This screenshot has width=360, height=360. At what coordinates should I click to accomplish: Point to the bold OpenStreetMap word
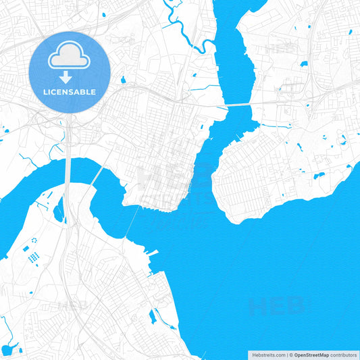(x=311, y=355)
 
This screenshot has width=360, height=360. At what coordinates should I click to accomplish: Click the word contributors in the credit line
(x=343, y=355)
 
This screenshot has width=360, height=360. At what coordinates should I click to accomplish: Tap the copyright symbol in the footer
(x=290, y=355)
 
